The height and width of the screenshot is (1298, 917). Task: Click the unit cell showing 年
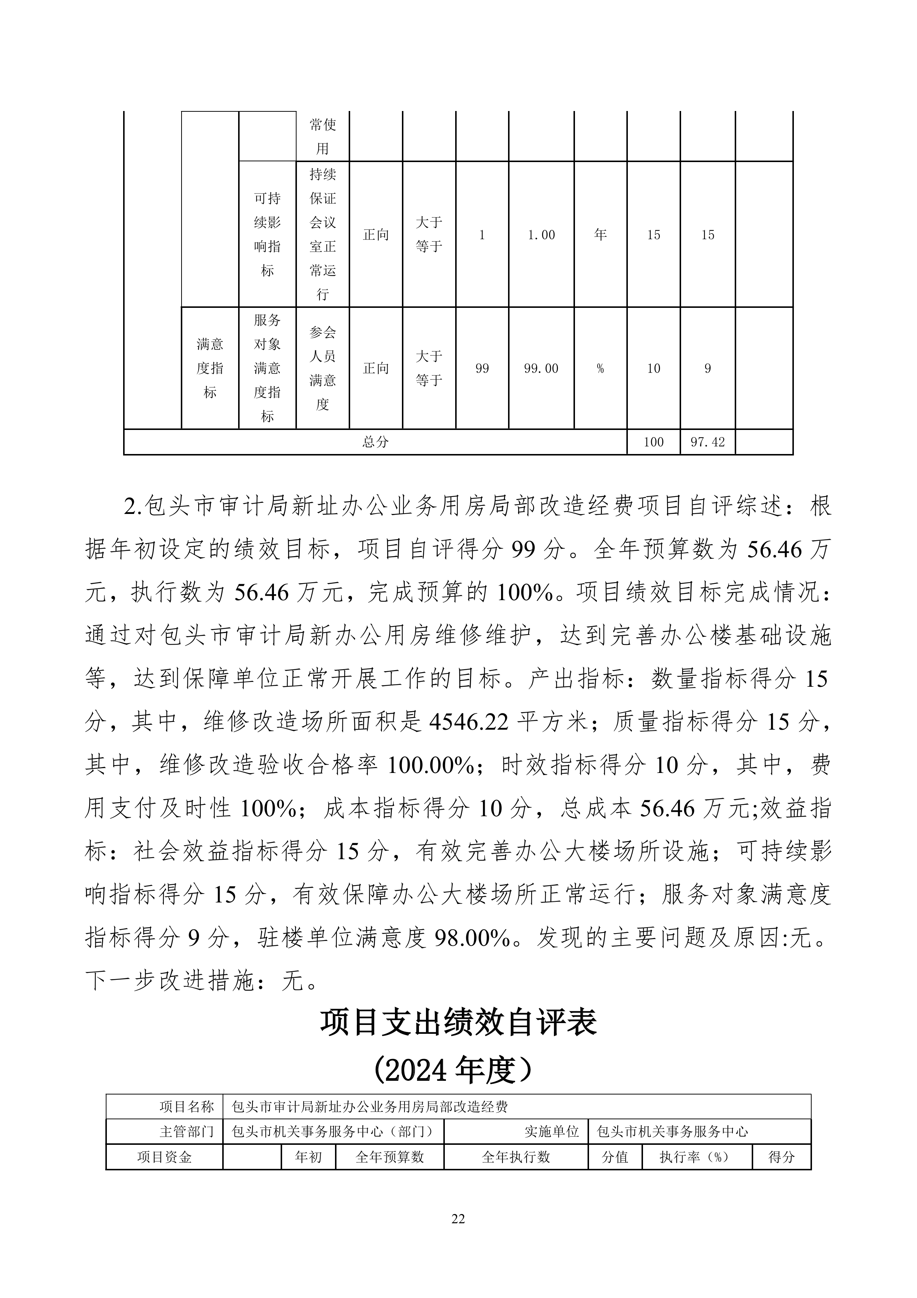[600, 235]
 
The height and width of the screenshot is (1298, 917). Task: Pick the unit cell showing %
[600, 369]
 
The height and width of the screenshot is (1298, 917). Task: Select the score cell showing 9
[707, 369]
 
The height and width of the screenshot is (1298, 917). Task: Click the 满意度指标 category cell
[210, 369]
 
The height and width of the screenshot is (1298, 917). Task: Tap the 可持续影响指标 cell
[267, 235]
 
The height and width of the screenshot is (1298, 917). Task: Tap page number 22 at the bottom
[458, 1219]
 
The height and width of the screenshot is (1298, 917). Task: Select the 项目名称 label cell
[186, 1106]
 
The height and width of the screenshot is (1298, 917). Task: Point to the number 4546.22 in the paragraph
[469, 722]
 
